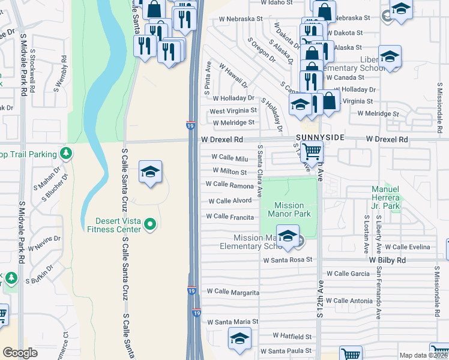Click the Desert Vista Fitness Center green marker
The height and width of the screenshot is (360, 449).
click(151, 226)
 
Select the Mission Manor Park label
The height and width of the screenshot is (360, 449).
click(289, 209)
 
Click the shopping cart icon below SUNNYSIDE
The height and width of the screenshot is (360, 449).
click(312, 152)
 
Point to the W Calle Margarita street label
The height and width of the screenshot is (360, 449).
click(234, 292)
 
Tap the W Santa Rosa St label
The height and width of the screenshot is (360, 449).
click(288, 260)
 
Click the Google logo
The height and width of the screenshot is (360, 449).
click(20, 353)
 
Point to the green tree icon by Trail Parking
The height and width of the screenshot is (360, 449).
click(66, 154)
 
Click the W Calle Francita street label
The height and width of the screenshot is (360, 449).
click(230, 217)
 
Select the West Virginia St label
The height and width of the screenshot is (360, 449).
click(233, 111)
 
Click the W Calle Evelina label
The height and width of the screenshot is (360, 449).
click(408, 247)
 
